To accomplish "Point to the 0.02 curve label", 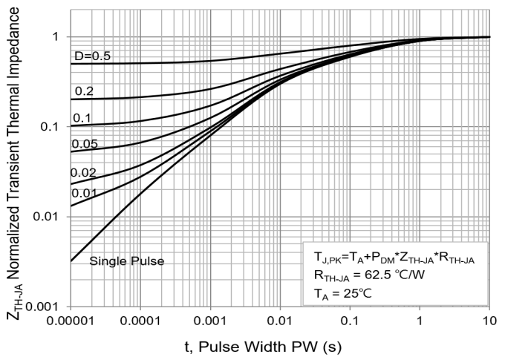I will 85,172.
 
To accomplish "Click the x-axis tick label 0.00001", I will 71,321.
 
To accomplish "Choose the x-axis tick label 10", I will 489,321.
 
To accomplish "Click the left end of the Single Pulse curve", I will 72,261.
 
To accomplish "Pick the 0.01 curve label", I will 85,192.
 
